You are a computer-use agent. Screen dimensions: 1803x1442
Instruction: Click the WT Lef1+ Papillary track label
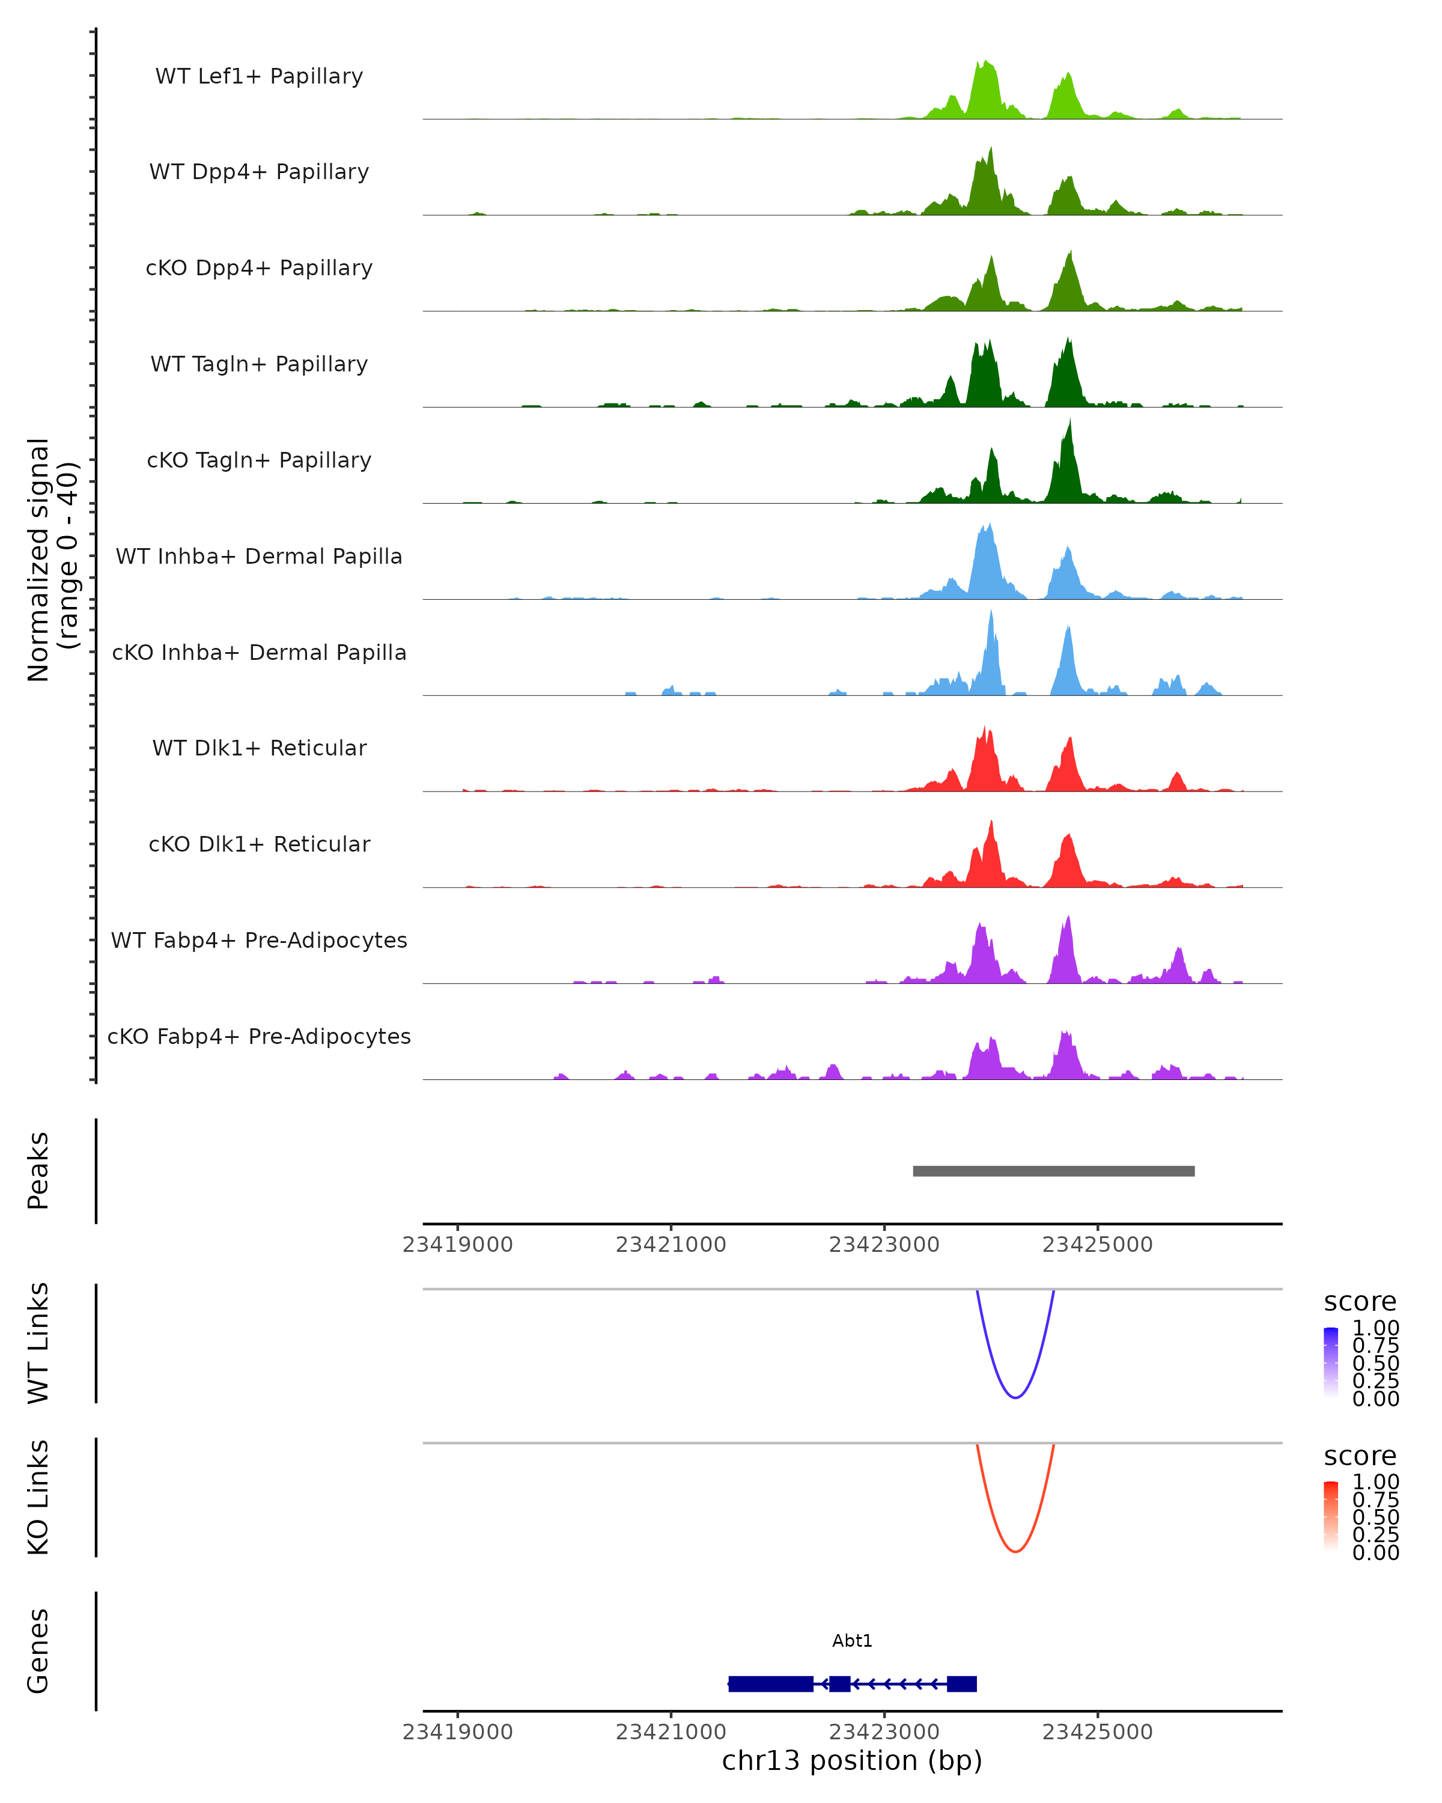(x=259, y=76)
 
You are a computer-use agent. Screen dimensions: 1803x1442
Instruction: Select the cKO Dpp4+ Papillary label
(x=259, y=267)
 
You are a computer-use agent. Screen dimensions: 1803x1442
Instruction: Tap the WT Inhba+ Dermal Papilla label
(x=259, y=556)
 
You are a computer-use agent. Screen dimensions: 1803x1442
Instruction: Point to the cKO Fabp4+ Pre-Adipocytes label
(x=259, y=1036)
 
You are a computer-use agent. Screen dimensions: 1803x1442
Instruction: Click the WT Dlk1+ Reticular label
(x=259, y=748)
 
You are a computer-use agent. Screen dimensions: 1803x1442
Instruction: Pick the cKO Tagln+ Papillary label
(x=259, y=460)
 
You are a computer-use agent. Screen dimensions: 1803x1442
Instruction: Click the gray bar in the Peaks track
(x=1053, y=1171)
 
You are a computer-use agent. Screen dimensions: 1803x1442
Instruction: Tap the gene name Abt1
(x=852, y=1641)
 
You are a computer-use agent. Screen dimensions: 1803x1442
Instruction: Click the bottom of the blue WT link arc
(x=1015, y=1397)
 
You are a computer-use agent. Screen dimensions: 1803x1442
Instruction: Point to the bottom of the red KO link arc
(x=1015, y=1551)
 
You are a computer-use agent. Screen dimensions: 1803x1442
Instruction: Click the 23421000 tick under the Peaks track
(x=671, y=1245)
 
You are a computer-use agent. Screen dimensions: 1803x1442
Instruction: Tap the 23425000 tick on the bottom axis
(x=1097, y=1732)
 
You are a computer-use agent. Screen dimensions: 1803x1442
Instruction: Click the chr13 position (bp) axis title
(x=852, y=1761)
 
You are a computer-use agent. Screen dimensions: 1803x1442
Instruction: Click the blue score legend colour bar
(x=1331, y=1362)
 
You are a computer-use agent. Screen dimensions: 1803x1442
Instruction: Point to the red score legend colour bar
(x=1331, y=1516)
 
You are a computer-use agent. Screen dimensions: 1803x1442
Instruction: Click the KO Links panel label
(x=38, y=1497)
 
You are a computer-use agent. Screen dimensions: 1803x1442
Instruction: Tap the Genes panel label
(x=38, y=1651)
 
